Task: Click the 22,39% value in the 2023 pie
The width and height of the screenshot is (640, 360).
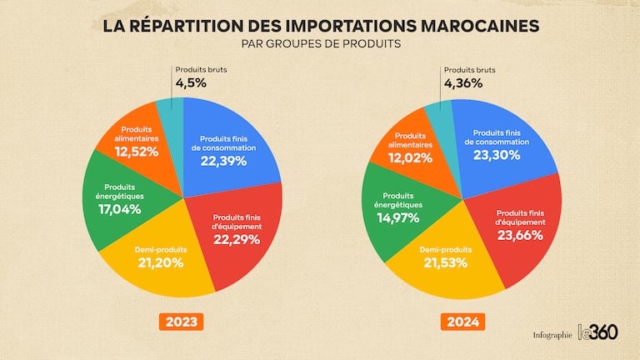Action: pos(223,161)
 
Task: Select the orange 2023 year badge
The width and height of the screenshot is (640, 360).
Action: pos(182,322)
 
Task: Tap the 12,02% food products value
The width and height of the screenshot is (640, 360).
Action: pos(412,157)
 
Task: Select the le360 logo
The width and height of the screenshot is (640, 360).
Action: pos(598,331)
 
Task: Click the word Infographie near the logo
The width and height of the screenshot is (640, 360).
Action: pos(552,335)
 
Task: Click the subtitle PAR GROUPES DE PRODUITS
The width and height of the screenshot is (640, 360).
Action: pos(321,43)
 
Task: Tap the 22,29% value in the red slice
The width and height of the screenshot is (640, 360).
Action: pos(238,239)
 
